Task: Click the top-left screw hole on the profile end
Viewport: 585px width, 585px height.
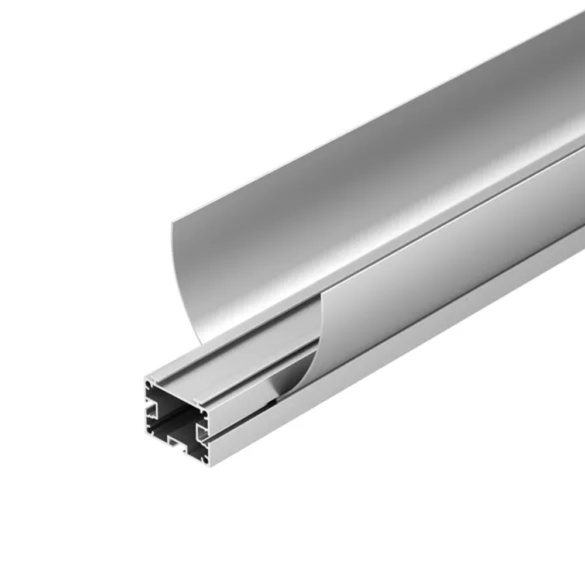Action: tap(148, 384)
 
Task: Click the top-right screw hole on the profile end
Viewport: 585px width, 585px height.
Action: tap(205, 414)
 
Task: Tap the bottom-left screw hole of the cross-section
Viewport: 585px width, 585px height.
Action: tap(149, 430)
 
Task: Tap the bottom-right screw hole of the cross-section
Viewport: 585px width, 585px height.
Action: tap(205, 460)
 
